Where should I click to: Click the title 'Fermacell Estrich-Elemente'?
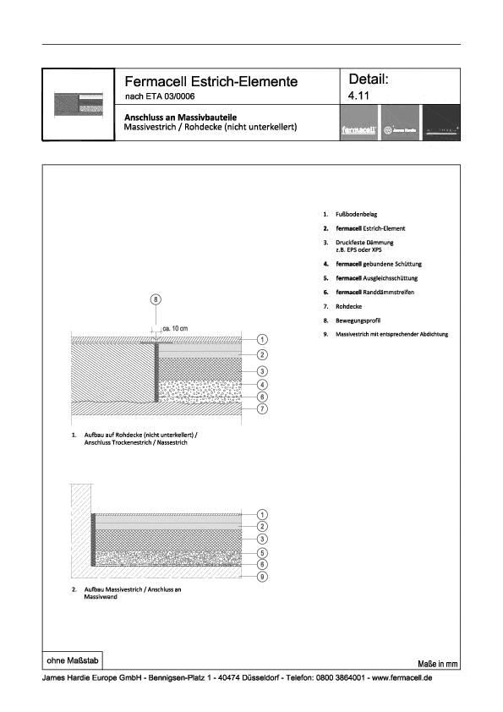210,82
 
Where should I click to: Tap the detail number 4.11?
359,97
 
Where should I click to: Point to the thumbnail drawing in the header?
78,104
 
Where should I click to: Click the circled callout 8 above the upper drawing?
155,299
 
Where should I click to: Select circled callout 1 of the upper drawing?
262,339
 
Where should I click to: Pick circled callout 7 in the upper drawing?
262,409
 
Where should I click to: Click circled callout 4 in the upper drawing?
262,385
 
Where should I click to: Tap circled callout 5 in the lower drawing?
262,552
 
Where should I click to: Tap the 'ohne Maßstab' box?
73,659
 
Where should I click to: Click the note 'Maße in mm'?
437,664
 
